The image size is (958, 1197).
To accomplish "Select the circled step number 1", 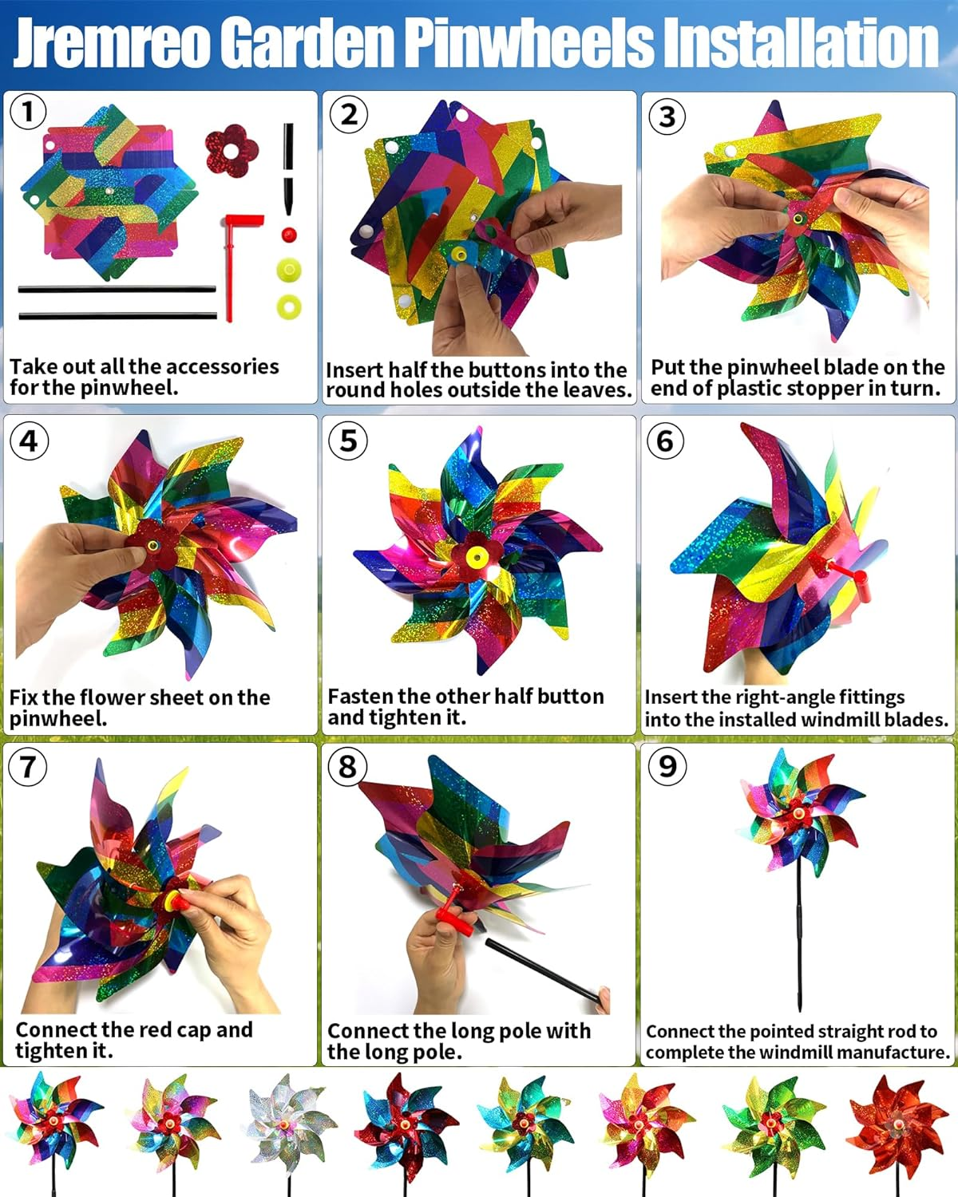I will coord(28,112).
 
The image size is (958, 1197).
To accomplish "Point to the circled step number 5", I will coord(348,440).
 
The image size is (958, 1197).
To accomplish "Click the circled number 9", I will coord(667,766).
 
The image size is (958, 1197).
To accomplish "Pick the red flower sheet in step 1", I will coord(232,149).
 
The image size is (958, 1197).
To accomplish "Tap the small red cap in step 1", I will coord(289,235).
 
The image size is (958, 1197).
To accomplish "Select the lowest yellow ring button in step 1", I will coord(289,306).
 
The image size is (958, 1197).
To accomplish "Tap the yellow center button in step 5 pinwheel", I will coord(477,556).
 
